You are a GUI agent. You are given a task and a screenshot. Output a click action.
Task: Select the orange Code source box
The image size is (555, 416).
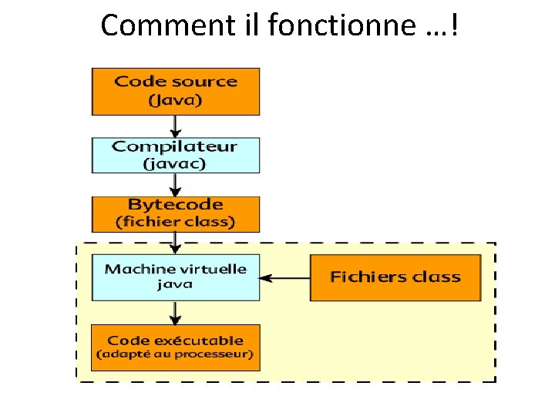[176, 91]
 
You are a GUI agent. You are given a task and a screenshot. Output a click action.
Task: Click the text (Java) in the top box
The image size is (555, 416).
[176, 100]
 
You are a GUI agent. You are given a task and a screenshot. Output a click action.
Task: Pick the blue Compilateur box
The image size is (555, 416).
[176, 154]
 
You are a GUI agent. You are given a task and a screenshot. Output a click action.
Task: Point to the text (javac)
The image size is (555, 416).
[176, 163]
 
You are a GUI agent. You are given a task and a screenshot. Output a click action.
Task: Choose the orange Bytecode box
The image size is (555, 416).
[176, 213]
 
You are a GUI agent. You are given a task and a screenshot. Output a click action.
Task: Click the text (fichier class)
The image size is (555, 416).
[176, 222]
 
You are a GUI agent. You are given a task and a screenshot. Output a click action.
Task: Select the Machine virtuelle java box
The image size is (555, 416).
[176, 277]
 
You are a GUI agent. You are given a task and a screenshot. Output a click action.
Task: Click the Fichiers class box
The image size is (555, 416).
[395, 277]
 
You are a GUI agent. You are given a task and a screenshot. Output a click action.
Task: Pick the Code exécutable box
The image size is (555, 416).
[176, 347]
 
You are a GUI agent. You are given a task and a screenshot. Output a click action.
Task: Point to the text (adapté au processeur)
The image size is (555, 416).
[175, 354]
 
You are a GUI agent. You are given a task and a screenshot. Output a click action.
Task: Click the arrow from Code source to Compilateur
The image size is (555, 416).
[176, 126]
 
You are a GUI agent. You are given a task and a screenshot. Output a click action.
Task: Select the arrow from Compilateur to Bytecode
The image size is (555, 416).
[176, 184]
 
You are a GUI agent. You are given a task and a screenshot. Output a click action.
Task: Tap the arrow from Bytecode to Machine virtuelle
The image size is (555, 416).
[176, 243]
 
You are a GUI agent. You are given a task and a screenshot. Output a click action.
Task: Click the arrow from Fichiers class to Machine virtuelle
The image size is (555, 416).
[285, 277]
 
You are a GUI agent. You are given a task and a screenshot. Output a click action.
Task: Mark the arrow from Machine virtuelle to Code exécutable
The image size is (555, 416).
[176, 312]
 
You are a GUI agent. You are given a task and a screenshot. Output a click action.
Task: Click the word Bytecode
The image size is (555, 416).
[176, 205]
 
